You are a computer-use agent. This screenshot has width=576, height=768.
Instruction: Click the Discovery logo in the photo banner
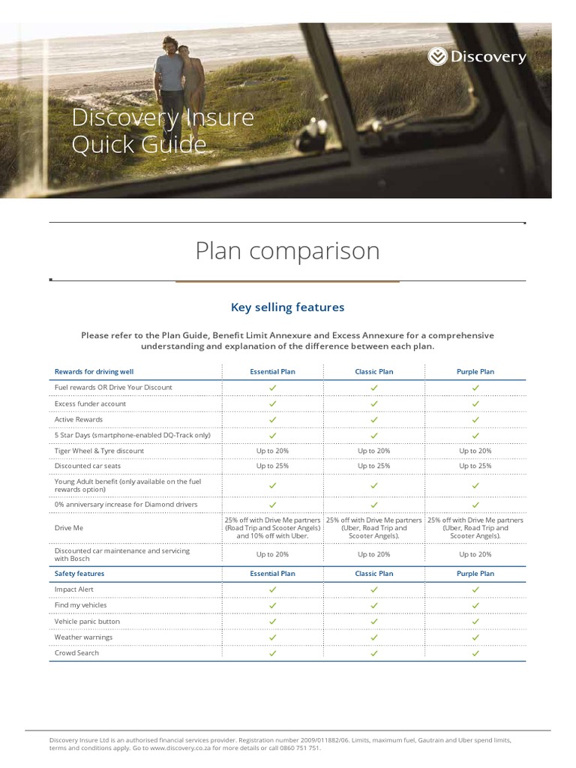click(x=477, y=57)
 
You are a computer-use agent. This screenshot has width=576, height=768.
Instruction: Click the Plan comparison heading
click(x=287, y=250)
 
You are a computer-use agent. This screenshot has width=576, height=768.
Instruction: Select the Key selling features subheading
click(x=287, y=307)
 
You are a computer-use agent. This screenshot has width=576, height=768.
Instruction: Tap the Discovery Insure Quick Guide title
click(x=163, y=130)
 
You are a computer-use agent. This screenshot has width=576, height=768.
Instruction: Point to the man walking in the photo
click(x=169, y=82)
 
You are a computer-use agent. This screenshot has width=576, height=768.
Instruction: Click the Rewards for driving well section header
click(x=94, y=371)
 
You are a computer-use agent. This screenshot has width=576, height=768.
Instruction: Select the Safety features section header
click(x=79, y=573)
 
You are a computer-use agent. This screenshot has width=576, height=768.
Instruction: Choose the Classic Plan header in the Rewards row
click(x=373, y=371)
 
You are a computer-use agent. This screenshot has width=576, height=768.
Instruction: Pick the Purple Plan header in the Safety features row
click(x=475, y=573)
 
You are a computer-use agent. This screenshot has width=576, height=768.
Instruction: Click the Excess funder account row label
click(x=90, y=403)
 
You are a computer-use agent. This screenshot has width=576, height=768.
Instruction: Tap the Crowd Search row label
click(x=76, y=652)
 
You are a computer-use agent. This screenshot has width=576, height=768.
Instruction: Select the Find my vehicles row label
click(x=81, y=604)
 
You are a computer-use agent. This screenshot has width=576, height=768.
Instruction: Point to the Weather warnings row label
click(x=83, y=637)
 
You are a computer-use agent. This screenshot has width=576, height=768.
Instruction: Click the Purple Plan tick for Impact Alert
click(x=475, y=589)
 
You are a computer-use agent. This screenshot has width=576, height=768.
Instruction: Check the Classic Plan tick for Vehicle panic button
click(x=373, y=621)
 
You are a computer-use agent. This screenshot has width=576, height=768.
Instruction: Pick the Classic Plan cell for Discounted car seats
click(x=373, y=466)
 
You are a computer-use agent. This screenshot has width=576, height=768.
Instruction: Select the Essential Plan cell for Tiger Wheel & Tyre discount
click(x=272, y=451)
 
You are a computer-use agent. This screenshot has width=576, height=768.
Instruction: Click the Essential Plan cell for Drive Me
click(x=272, y=528)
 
